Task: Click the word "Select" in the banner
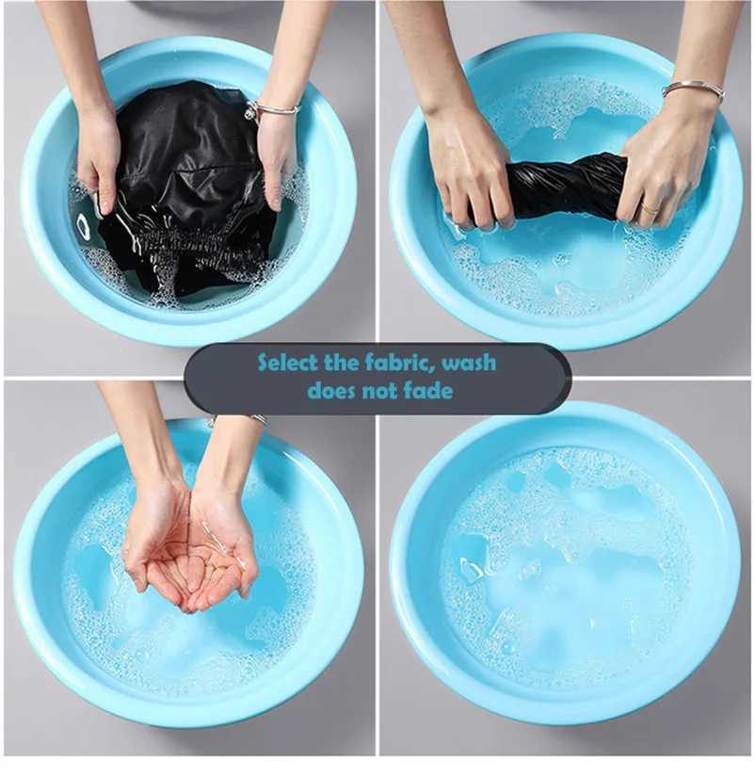287,363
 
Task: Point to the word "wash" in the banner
468,363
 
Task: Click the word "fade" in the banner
430,391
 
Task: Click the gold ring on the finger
650,208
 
